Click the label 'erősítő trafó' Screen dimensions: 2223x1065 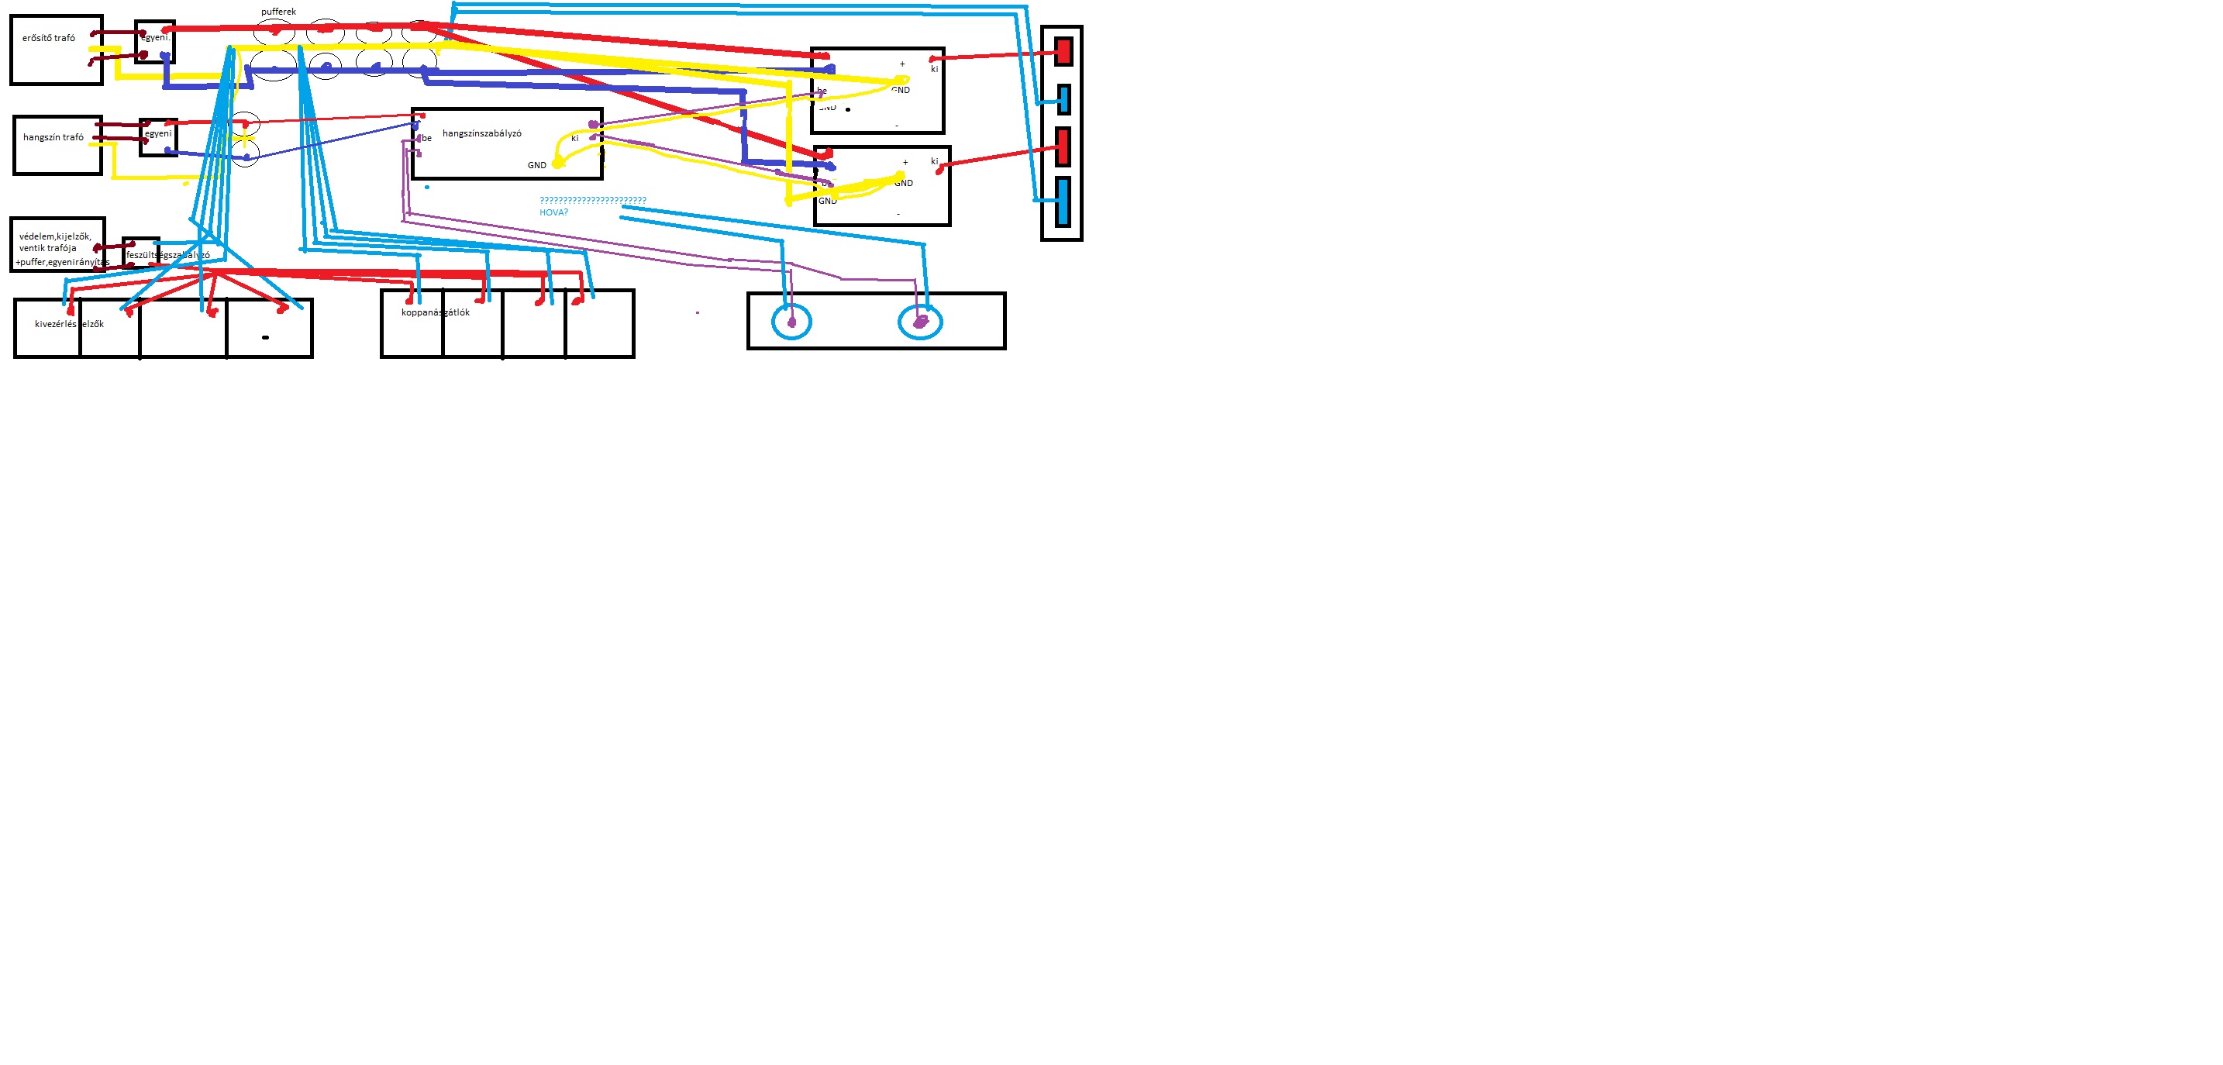[48, 38]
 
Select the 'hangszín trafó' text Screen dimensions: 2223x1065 [53, 137]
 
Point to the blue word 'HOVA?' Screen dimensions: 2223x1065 [554, 212]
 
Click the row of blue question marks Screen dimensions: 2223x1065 [593, 200]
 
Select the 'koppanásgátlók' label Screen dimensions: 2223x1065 [435, 312]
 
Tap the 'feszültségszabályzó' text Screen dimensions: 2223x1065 [167, 256]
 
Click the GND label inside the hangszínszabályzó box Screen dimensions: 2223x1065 [537, 166]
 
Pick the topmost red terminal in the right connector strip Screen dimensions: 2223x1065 [1063, 51]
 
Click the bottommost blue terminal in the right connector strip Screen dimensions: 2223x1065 [1063, 201]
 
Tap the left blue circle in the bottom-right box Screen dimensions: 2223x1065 [791, 322]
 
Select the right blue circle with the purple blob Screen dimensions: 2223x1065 [920, 322]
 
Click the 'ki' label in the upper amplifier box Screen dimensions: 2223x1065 [935, 69]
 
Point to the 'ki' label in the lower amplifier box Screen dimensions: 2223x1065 [935, 161]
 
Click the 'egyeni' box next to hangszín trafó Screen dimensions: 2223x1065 [158, 136]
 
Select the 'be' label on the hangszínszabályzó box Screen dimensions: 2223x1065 [426, 138]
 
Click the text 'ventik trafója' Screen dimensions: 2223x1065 [47, 249]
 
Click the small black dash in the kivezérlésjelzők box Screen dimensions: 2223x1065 [265, 337]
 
